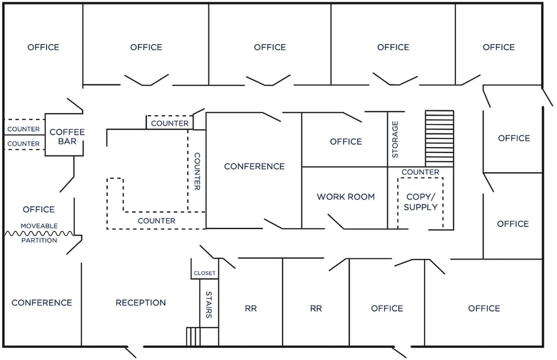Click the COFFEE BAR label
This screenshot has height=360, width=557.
point(67,137)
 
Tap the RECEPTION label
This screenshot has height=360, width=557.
point(141,302)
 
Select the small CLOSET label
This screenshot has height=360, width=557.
point(205,273)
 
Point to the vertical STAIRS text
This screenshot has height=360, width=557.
point(209,304)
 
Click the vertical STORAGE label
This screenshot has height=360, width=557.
point(395,139)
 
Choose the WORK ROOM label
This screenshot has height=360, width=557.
point(346,197)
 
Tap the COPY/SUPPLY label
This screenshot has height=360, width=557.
point(421,202)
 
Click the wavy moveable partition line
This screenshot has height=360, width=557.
point(39,233)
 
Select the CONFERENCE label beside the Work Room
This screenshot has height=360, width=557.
point(254,166)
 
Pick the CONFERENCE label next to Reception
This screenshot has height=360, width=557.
point(42,302)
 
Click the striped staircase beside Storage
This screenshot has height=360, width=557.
point(439,138)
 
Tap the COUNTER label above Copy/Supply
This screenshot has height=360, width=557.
point(420,172)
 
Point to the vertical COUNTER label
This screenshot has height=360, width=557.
point(197,171)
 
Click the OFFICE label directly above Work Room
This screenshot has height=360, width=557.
point(346,141)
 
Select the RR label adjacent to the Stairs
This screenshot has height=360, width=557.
point(251,309)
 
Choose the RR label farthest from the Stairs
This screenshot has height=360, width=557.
point(316,309)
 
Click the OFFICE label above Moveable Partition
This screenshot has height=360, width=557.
point(39,209)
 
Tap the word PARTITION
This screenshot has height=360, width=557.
point(39,241)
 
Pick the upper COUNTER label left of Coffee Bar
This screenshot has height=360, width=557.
point(24,129)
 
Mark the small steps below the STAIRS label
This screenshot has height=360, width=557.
point(193,336)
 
